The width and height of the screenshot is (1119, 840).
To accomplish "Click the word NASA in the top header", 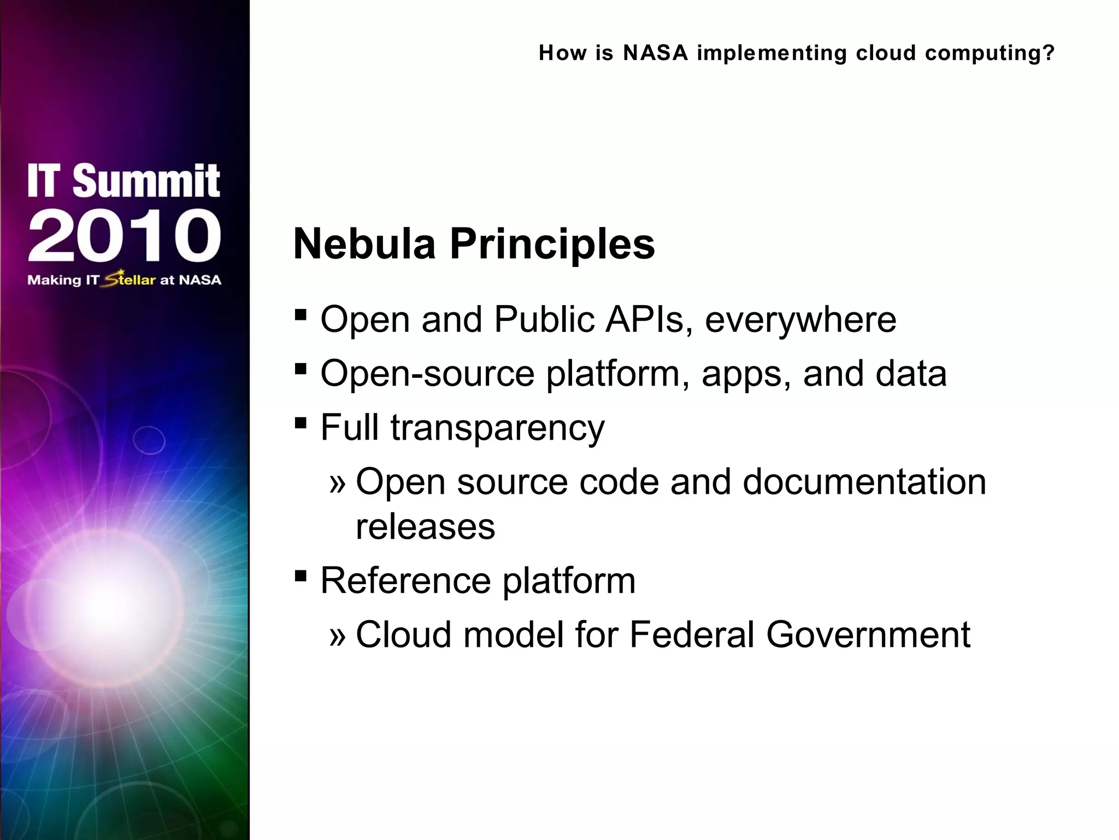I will [x=655, y=53].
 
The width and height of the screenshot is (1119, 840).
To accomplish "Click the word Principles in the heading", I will [x=552, y=244].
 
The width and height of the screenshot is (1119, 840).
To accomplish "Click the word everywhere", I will [x=800, y=320].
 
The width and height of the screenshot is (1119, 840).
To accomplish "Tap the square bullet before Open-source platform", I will [x=300, y=369].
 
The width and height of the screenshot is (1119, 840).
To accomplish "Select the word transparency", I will [x=497, y=428].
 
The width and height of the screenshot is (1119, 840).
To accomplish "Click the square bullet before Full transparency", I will [x=300, y=423].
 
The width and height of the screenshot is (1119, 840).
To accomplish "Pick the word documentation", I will [x=864, y=482].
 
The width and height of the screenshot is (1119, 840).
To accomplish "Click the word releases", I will [x=425, y=527].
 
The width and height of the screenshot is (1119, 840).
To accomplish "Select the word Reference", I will [x=405, y=580].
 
